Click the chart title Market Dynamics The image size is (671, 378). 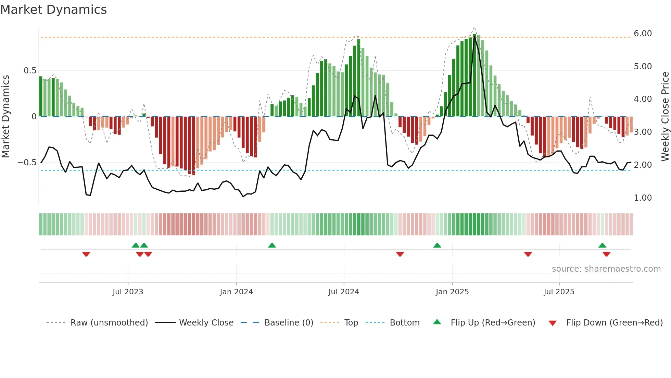(54, 10)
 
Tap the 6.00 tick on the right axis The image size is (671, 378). (643, 34)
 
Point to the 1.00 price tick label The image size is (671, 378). (643, 198)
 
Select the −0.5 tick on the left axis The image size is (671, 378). (27, 163)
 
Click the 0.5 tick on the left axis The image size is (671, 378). (30, 71)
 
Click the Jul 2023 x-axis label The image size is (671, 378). (128, 292)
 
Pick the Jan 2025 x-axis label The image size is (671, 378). (452, 292)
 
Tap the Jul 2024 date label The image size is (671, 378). (343, 292)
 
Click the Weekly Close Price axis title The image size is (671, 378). (665, 117)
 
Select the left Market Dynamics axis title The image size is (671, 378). (5, 117)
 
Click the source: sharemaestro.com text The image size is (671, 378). (606, 269)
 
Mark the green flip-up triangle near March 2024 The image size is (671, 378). (272, 245)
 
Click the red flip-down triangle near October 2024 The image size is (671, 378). (400, 254)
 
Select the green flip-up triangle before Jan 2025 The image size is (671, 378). (437, 245)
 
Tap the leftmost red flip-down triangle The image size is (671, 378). (86, 254)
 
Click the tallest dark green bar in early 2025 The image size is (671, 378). (474, 75)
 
